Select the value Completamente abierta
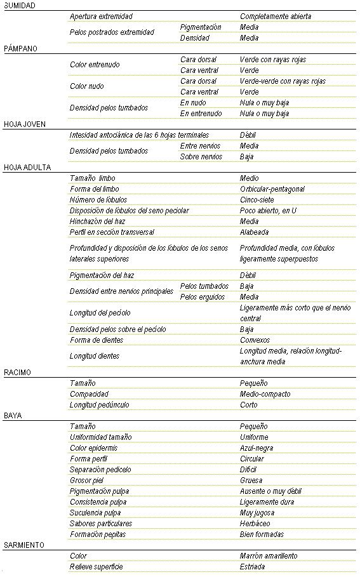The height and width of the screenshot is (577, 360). [x=276, y=17]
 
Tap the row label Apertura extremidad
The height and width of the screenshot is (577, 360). [x=102, y=17]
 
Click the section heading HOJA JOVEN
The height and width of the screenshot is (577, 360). [x=23, y=124]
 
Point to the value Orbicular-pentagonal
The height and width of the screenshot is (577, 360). [x=272, y=189]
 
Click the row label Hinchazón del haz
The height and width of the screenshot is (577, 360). [x=97, y=222]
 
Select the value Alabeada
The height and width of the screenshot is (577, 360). [x=254, y=232]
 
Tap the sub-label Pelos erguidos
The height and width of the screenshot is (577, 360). [x=203, y=297]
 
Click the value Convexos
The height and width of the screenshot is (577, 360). [x=255, y=340]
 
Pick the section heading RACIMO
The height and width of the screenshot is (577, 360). [x=17, y=373]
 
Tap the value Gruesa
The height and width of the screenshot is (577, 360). [x=251, y=481]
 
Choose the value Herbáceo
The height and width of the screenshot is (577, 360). [x=255, y=524]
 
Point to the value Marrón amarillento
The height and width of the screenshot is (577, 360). [x=268, y=556]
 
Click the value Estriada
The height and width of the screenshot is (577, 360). [x=253, y=567]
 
